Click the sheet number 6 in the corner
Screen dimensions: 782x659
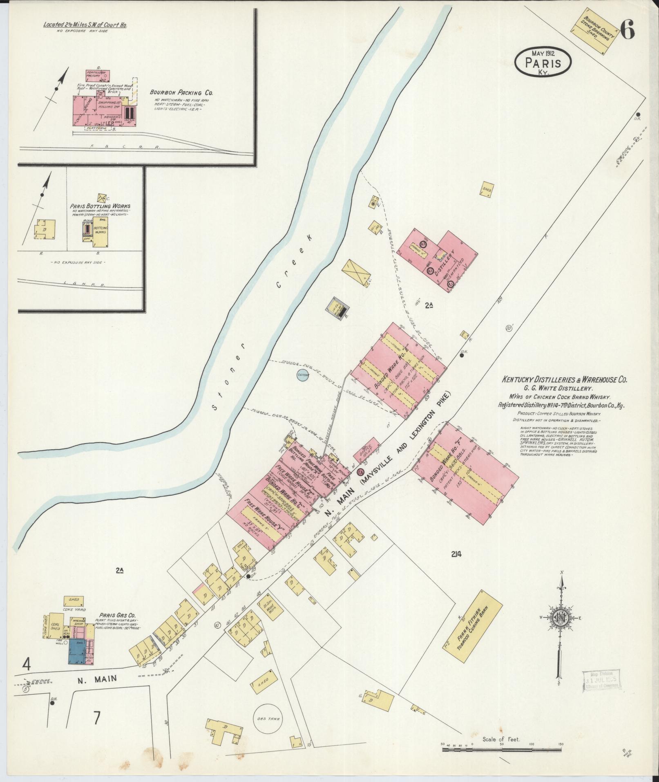click(627, 29)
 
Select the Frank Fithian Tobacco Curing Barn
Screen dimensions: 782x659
click(473, 626)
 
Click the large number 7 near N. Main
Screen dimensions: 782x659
click(96, 718)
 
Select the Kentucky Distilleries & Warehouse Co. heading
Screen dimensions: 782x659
click(564, 380)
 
